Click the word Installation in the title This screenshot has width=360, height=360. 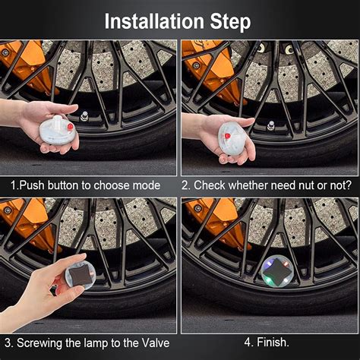tap(154, 21)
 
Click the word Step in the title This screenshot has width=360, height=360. tap(230, 22)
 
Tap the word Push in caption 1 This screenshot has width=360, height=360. tap(33, 185)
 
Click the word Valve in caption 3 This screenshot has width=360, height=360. tap(156, 343)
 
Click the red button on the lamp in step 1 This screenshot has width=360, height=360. tap(71, 126)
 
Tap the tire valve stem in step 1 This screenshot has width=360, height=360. tap(84, 116)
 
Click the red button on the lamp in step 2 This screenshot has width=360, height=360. tap(228, 136)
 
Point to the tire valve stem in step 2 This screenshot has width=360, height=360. tap(270, 125)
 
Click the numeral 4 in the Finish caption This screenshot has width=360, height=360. tap(248, 343)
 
